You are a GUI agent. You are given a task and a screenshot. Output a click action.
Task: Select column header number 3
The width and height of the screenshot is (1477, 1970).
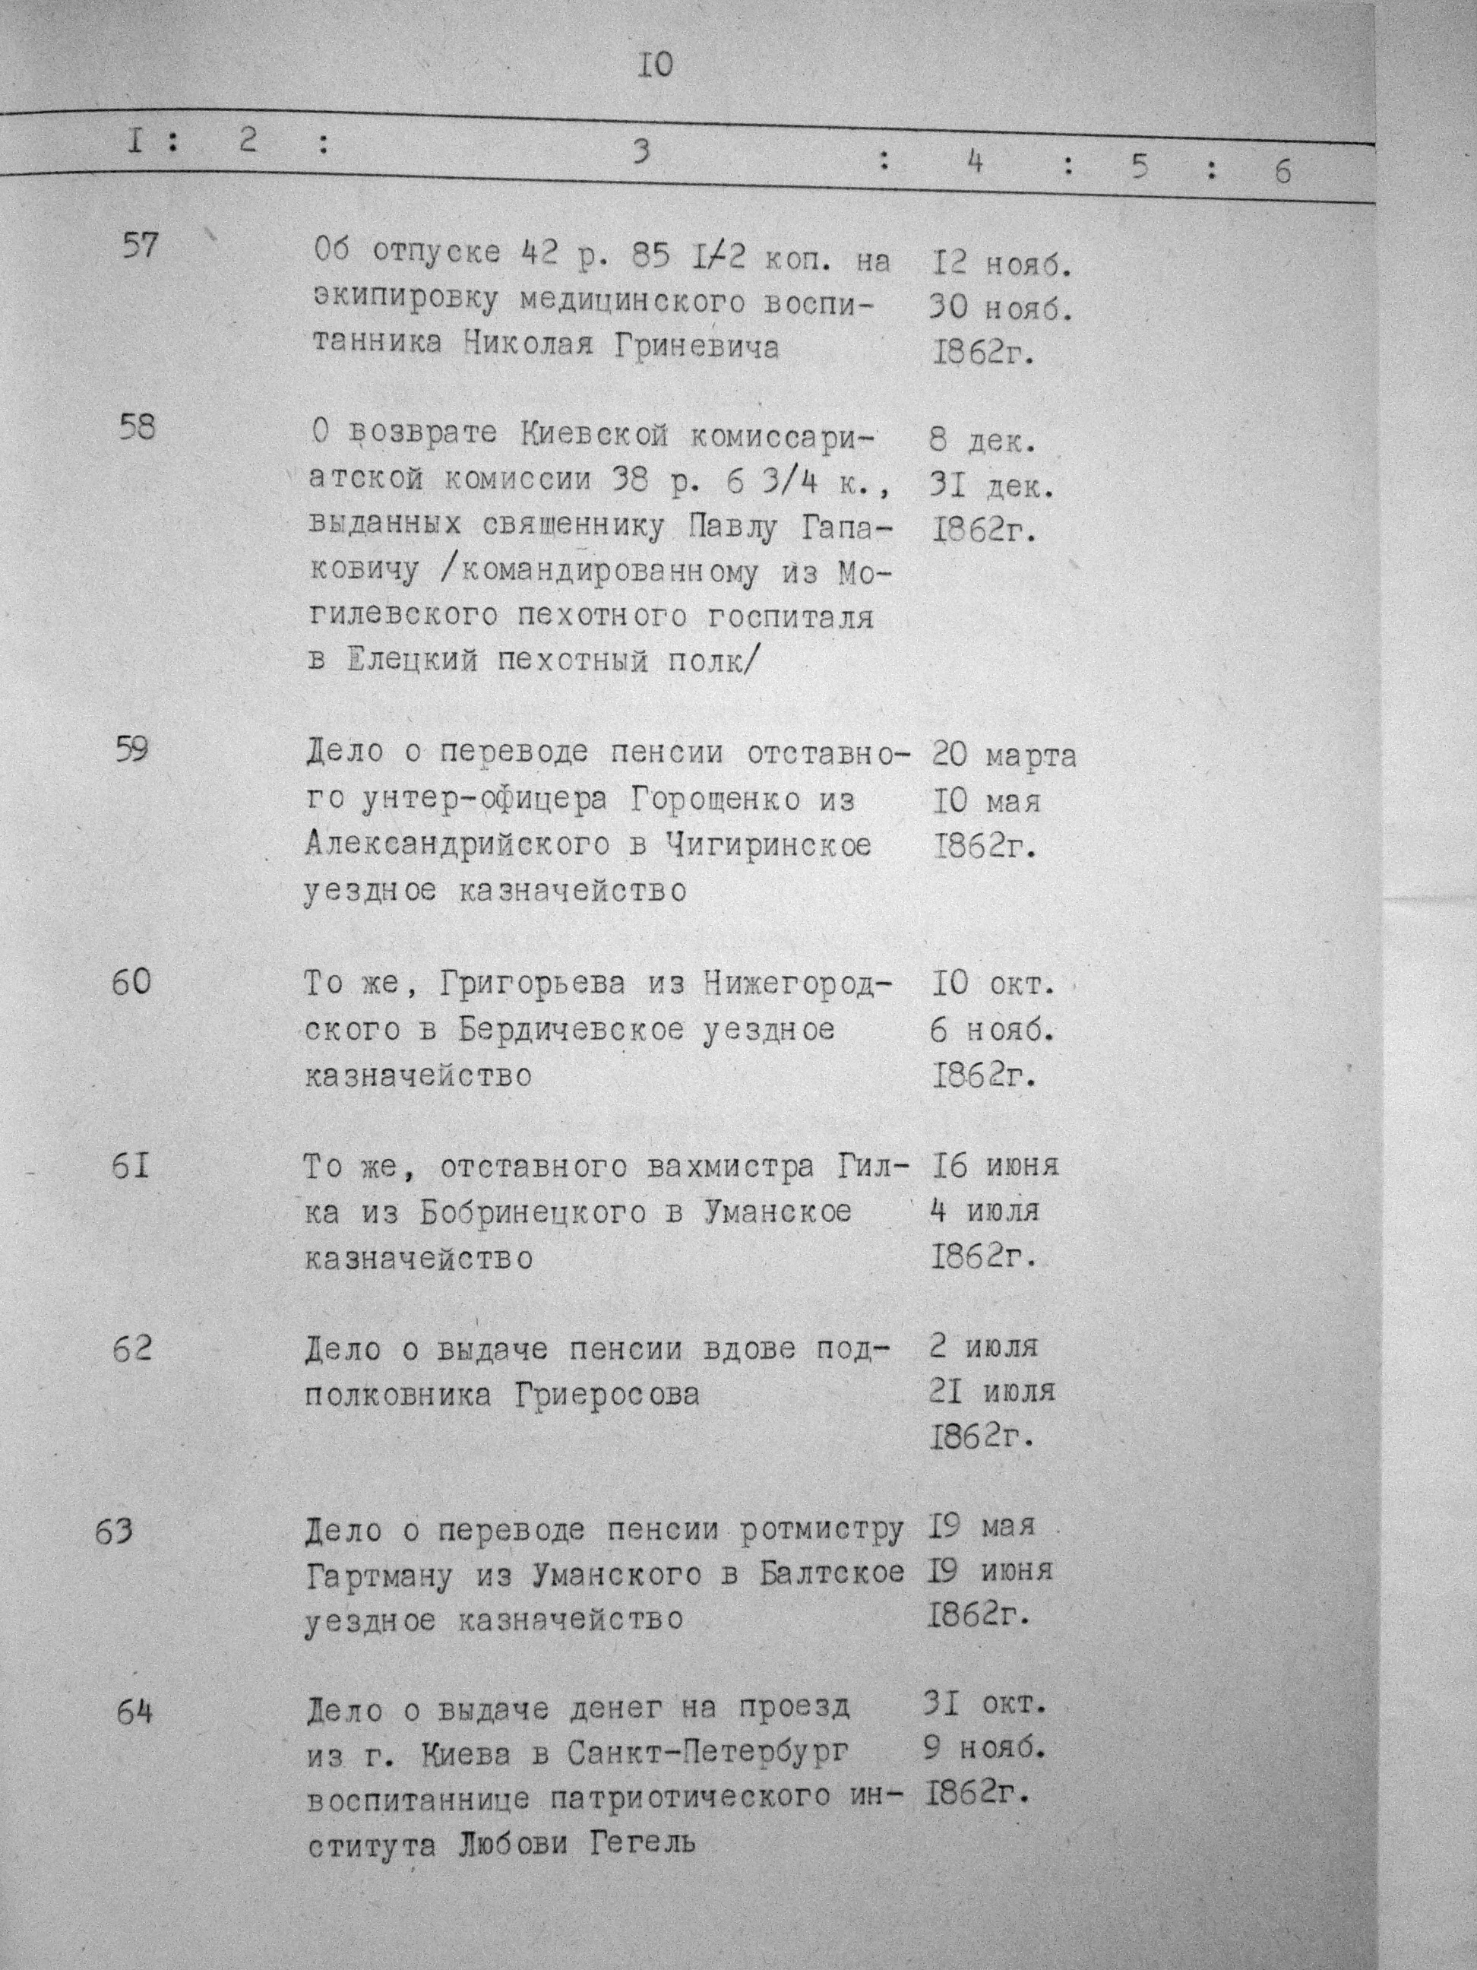(640, 152)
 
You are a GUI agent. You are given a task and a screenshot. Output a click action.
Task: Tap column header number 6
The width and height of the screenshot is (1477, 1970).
(1281, 171)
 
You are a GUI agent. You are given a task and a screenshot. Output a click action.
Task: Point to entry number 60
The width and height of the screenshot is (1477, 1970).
(131, 981)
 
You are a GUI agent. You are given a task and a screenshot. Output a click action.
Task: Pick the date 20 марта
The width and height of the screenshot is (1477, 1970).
(1004, 755)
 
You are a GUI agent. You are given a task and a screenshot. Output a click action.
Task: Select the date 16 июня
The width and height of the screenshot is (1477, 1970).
(994, 1165)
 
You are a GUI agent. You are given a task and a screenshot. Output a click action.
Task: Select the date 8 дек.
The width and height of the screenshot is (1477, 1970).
(984, 442)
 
